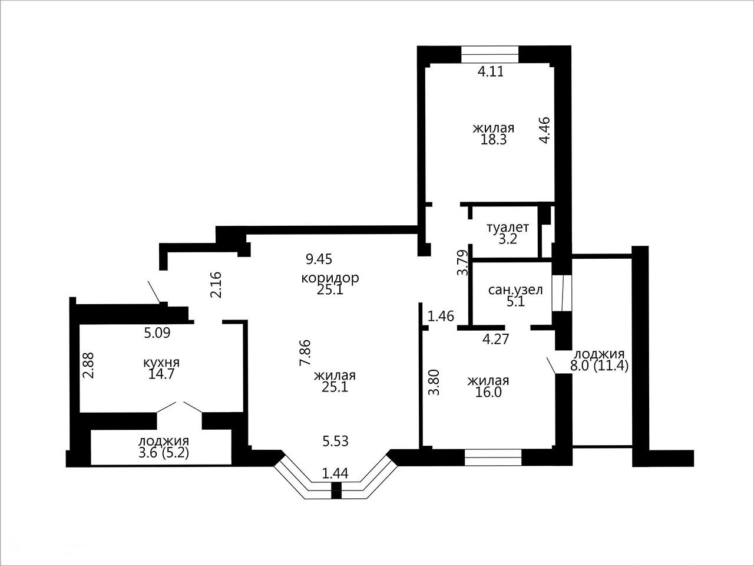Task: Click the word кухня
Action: click(161, 362)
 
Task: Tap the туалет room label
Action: click(508, 227)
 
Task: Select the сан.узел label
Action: click(515, 289)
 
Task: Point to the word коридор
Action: click(330, 277)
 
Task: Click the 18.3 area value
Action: click(494, 140)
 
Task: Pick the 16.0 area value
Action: click(488, 392)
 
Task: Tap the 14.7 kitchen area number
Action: click(161, 374)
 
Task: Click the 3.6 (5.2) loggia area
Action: click(164, 453)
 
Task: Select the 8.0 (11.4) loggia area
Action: click(600, 366)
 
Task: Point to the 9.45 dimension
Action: click(319, 259)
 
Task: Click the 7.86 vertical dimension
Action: click(305, 353)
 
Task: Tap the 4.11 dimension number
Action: click(491, 71)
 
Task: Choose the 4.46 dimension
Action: click(545, 130)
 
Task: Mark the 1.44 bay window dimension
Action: click(335, 474)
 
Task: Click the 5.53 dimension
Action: click(336, 441)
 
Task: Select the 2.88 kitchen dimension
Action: click(88, 364)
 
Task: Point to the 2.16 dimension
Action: click(216, 285)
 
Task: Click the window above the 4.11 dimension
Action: click(490, 54)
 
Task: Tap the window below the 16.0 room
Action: click(493, 458)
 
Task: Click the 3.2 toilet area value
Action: click(508, 239)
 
